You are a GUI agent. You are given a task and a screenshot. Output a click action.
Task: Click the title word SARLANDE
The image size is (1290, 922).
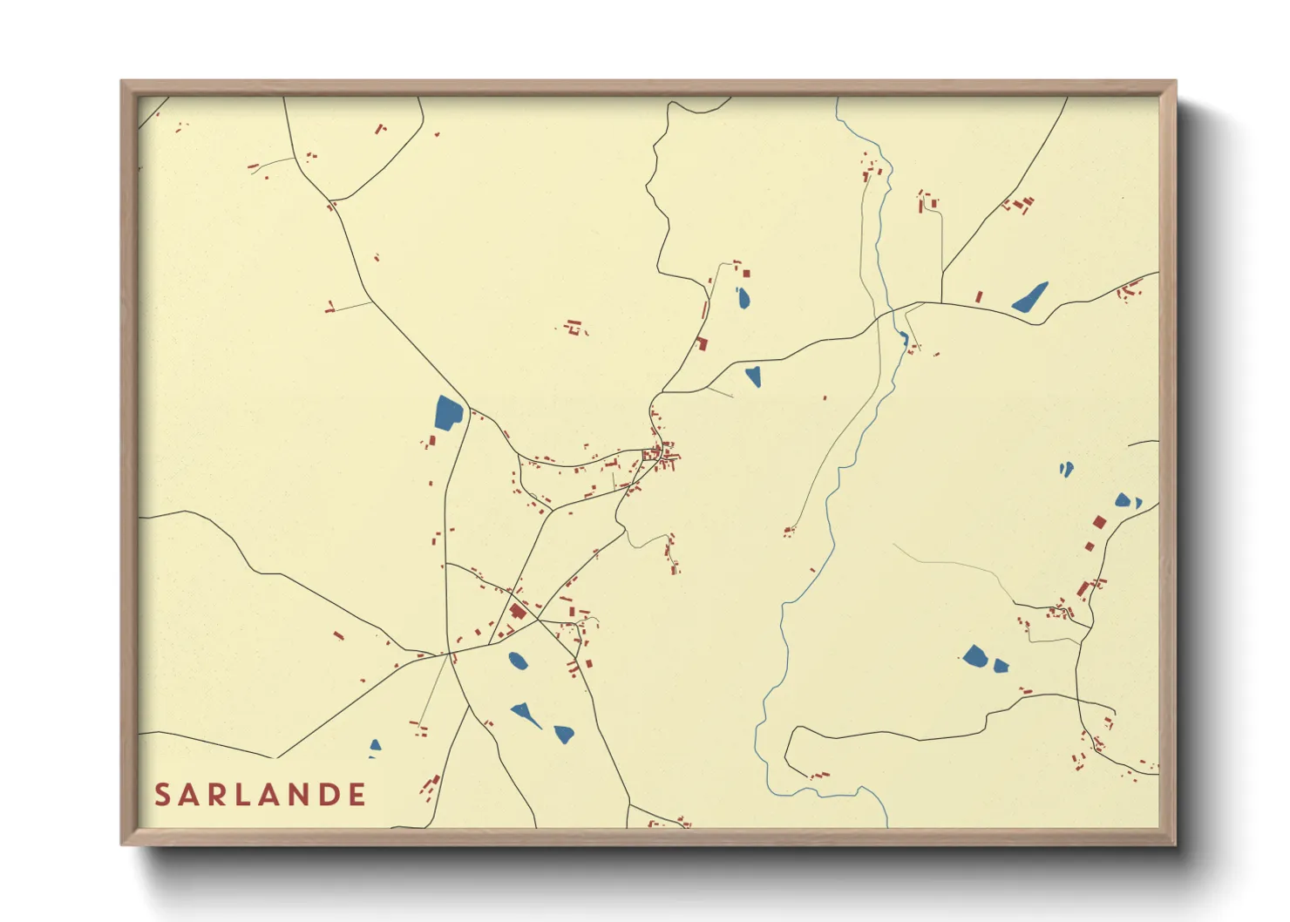(x=260, y=795)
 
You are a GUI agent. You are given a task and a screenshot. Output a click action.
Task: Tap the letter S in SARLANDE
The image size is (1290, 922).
(x=162, y=795)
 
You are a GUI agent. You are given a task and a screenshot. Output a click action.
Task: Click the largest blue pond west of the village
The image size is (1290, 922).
(x=447, y=412)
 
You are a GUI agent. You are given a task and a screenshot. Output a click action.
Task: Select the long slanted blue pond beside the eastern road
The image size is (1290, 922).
(x=1030, y=297)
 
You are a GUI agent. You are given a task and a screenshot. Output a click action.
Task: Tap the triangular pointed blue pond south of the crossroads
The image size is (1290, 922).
(x=526, y=715)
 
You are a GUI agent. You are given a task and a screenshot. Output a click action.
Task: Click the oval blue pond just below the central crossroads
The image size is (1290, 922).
(x=517, y=661)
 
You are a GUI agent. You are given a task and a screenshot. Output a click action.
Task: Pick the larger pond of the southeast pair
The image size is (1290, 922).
(x=974, y=655)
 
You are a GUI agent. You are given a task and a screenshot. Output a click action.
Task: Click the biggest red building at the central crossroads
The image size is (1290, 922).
(x=518, y=611)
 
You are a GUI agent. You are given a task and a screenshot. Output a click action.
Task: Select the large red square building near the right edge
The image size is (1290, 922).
(x=1099, y=522)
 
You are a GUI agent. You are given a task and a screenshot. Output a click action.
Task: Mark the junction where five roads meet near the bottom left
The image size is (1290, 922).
(x=450, y=653)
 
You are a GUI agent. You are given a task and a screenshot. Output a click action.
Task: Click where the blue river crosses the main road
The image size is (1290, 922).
(x=893, y=309)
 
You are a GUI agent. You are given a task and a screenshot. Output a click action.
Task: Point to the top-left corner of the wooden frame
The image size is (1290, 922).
(x=123, y=83)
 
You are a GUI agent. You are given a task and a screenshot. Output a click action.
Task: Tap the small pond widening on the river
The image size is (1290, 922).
(x=904, y=337)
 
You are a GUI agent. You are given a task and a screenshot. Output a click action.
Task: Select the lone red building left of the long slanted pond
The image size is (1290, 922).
(x=979, y=297)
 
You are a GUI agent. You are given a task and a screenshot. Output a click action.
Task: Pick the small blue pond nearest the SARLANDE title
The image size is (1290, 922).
(x=375, y=746)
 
